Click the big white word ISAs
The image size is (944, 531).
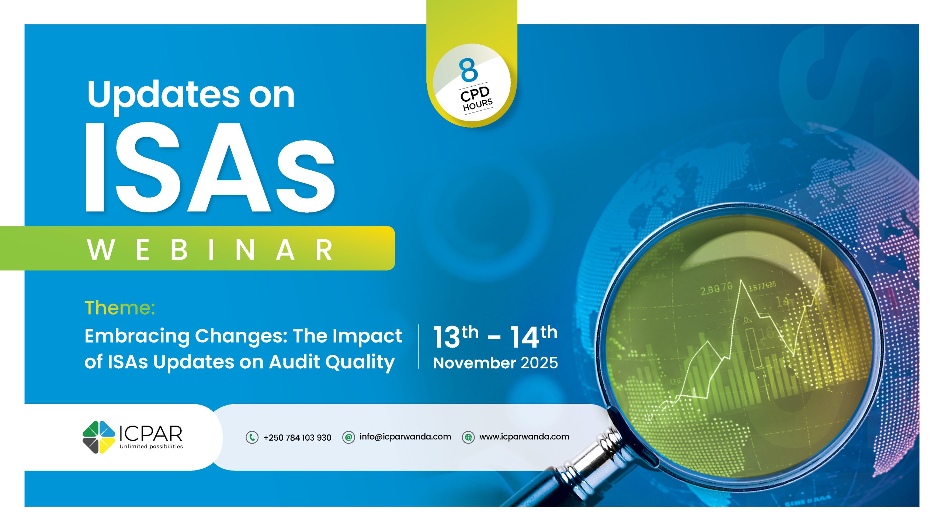pos(210,168)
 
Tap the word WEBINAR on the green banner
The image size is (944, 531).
pos(210,250)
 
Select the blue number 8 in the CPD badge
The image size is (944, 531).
pos(468,70)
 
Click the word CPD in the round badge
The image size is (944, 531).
pos(475,94)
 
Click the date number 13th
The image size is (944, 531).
pos(456,336)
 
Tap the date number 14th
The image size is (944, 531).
pos(534,336)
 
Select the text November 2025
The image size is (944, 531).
pos(496,363)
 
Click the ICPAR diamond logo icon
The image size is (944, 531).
pos(99,437)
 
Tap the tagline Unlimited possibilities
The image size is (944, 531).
pos(151,447)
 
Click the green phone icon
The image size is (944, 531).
pos(252,437)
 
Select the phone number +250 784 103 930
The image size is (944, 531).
pos(297,438)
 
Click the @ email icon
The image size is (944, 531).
pos(348,437)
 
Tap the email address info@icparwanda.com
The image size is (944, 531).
pos(405,437)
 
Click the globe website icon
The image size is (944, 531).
pos(468,437)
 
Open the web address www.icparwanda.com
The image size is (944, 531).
pos(524,437)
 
